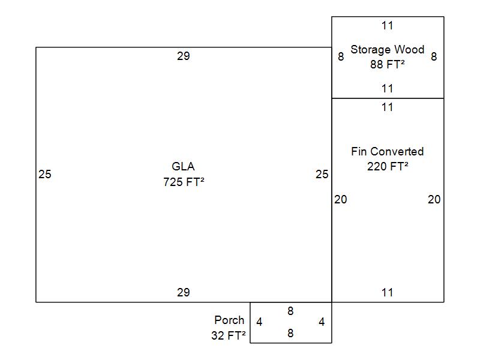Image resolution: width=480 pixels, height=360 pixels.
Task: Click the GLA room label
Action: [183, 167]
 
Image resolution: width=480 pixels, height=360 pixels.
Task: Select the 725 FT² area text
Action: [183, 182]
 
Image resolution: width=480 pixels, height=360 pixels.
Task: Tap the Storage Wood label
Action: [387, 49]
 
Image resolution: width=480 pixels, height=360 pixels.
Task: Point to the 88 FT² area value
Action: [387, 64]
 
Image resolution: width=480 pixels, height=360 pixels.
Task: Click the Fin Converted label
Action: [387, 151]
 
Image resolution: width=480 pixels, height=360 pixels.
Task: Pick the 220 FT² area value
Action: [387, 166]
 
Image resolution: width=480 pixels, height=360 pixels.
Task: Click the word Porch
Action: [229, 320]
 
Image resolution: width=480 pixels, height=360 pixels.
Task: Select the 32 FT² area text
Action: [228, 336]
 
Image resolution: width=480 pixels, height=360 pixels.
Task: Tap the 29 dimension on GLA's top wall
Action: [183, 56]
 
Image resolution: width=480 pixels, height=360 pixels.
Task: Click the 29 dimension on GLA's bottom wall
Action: [183, 292]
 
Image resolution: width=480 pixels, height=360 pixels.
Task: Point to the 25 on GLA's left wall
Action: [45, 175]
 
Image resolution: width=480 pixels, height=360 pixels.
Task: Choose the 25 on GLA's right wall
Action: [322, 175]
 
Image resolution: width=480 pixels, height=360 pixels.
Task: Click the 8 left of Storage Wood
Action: [341, 57]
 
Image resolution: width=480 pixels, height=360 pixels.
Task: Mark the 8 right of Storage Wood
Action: [434, 57]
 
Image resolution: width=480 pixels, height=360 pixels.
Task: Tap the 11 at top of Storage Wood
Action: [387, 25]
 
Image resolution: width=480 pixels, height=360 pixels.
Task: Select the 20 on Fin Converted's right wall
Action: [434, 199]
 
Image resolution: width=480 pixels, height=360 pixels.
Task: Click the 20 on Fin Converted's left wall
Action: [340, 199]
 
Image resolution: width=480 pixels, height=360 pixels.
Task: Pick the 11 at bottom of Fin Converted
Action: [387, 292]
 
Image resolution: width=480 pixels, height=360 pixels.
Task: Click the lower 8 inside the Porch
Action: [290, 333]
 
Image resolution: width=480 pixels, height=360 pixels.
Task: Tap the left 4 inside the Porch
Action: [259, 322]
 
